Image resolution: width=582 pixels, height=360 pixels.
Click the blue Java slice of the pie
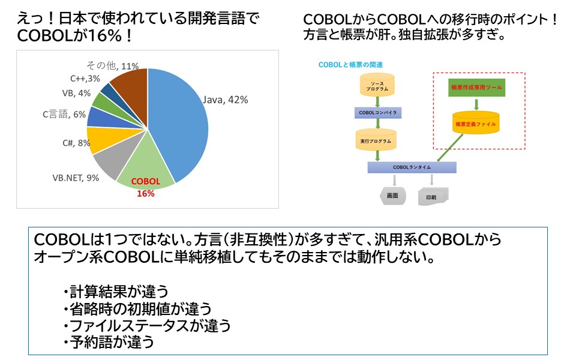click(x=180, y=120)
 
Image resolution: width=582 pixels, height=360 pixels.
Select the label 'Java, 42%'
click(x=226, y=100)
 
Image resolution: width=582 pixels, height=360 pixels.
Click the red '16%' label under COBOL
click(x=146, y=193)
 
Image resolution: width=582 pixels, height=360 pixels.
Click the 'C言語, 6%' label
click(x=64, y=114)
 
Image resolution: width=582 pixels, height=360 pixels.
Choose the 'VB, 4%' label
click(x=76, y=93)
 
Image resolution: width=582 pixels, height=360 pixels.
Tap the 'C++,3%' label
click(x=85, y=78)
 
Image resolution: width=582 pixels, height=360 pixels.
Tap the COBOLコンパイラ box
click(x=377, y=112)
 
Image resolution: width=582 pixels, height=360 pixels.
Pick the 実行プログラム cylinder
click(x=376, y=140)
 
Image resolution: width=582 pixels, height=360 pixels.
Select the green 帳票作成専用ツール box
click(x=476, y=88)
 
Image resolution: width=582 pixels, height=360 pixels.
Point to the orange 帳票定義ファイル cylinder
click(x=476, y=122)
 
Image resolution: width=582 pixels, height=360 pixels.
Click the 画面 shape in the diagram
click(x=393, y=196)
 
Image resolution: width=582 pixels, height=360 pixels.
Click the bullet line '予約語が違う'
click(x=112, y=342)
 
